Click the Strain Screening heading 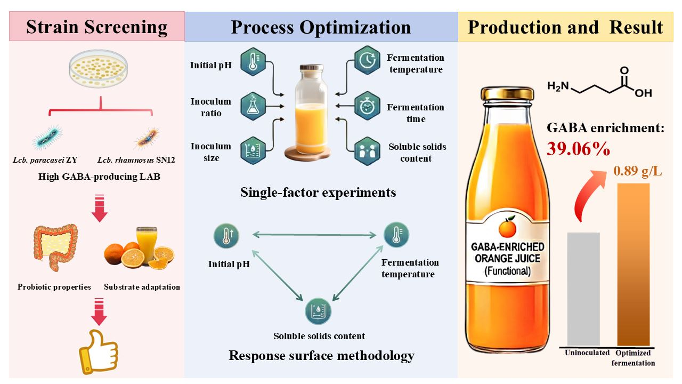click(96, 27)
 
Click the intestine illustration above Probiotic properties click(55, 249)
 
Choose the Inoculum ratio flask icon click(253, 106)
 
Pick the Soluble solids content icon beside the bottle click(367, 151)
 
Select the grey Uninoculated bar click(583, 288)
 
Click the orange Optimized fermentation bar click(633, 264)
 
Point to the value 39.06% click(578, 149)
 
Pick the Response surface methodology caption click(321, 355)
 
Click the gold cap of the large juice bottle click(507, 94)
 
